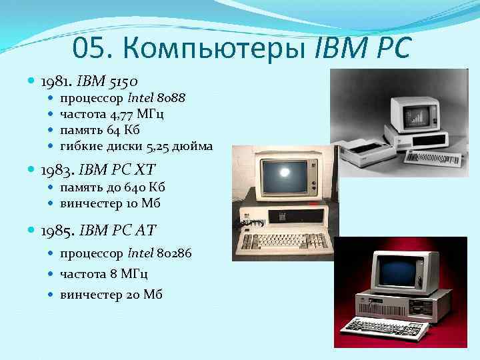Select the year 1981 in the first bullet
(x=55, y=82)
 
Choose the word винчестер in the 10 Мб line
(x=93, y=203)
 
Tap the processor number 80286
(x=178, y=253)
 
